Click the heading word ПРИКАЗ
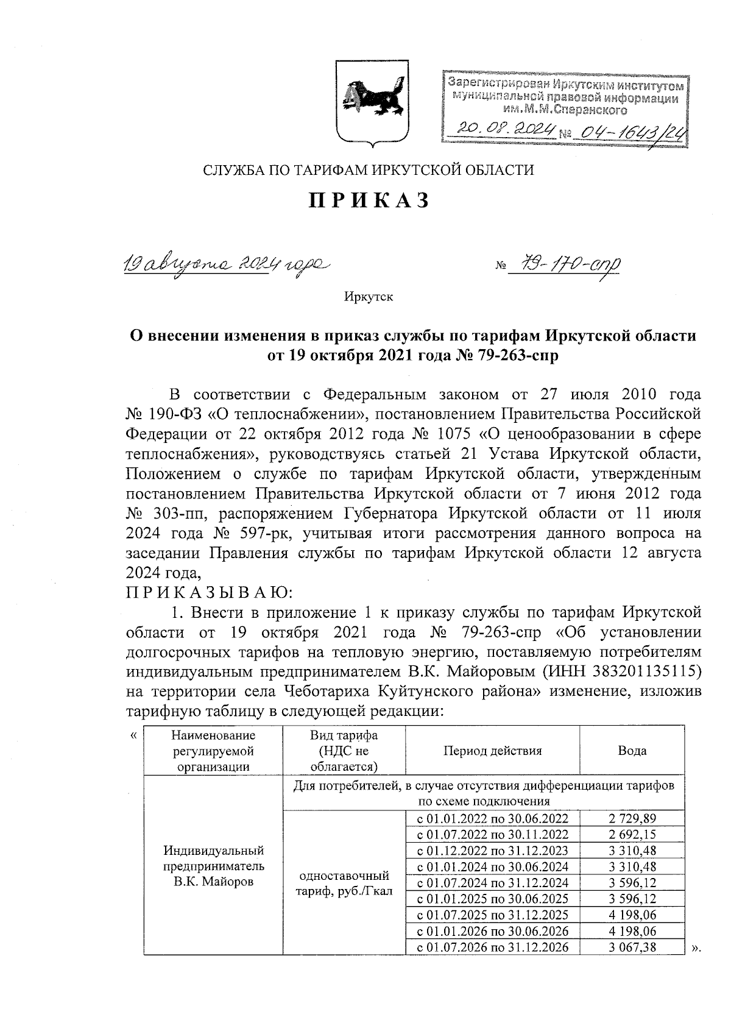pyautogui.click(x=369, y=199)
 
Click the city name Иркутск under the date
pyautogui.click(x=369, y=297)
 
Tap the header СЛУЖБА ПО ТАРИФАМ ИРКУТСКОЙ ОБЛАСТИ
pyautogui.click(x=369, y=170)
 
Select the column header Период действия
pyautogui.click(x=492, y=750)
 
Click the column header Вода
pyautogui.click(x=632, y=751)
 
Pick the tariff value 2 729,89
pyautogui.click(x=632, y=818)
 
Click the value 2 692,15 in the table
pyautogui.click(x=632, y=834)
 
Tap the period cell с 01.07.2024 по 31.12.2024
pyautogui.click(x=492, y=883)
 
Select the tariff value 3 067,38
pyautogui.click(x=632, y=947)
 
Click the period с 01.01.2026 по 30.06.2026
pyautogui.click(x=492, y=931)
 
